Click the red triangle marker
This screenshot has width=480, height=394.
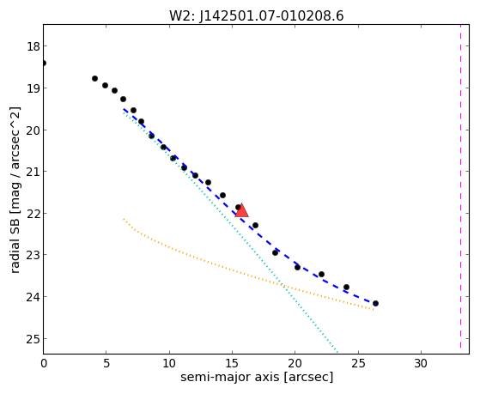click(241, 210)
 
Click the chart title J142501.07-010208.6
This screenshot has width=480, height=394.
click(271, 16)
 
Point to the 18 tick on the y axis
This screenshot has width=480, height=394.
click(33, 46)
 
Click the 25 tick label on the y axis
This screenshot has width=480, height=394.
click(33, 339)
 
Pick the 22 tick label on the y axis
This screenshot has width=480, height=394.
click(33, 214)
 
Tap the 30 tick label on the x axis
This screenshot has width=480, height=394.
click(421, 363)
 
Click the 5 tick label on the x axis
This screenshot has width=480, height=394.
click(106, 363)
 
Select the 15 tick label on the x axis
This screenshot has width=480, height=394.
click(232, 363)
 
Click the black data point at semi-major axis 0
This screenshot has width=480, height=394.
click(44, 63)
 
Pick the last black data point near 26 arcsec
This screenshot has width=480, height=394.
click(375, 303)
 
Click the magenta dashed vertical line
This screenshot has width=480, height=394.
click(460, 187)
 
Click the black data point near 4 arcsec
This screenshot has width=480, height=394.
click(95, 79)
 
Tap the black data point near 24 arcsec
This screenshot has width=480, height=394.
click(346, 288)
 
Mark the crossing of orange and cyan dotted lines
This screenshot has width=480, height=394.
click(283, 286)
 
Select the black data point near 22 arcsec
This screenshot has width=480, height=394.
click(321, 274)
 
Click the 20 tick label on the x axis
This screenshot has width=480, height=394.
click(295, 363)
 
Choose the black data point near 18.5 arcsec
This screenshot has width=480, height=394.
click(275, 252)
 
